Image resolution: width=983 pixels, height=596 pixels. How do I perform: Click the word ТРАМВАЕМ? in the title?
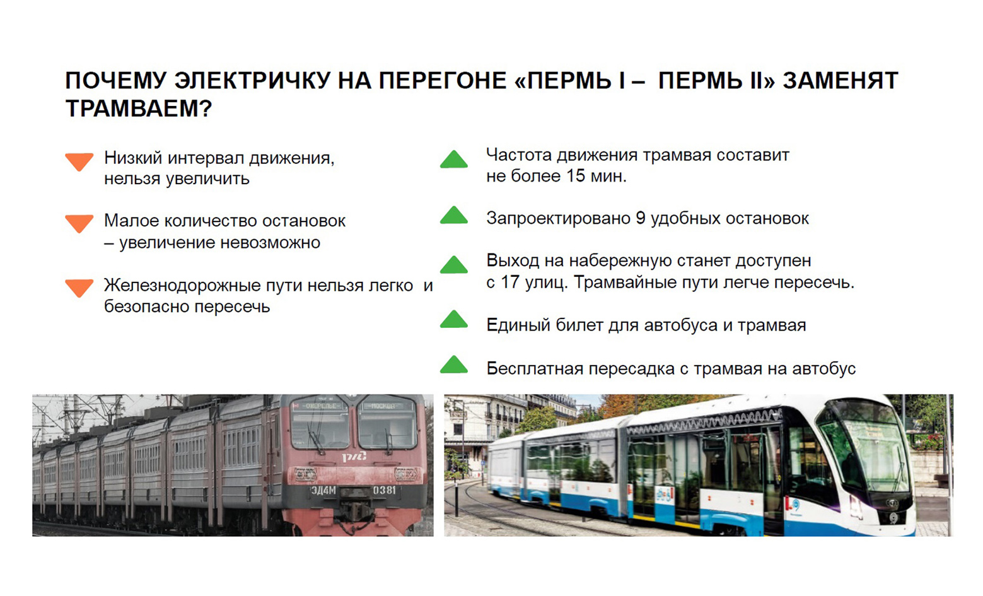pyautogui.click(x=139, y=108)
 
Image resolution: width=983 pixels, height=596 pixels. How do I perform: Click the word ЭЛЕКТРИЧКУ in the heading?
pyautogui.click(x=253, y=81)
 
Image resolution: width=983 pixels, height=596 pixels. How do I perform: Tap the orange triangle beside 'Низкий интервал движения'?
pyautogui.click(x=79, y=161)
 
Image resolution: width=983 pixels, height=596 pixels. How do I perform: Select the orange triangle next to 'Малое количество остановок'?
pyautogui.click(x=79, y=223)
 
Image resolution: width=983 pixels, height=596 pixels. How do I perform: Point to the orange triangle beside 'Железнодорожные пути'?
pyautogui.click(x=79, y=288)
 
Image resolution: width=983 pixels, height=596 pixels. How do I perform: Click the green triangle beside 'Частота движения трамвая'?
pyautogui.click(x=454, y=159)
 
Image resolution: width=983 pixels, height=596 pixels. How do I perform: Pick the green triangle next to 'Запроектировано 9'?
pyautogui.click(x=454, y=215)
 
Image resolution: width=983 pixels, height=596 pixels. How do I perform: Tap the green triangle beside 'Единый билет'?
pyautogui.click(x=454, y=319)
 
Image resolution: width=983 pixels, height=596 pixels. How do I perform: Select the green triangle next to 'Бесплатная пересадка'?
pyautogui.click(x=454, y=365)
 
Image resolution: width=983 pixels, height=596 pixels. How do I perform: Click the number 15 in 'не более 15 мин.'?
pyautogui.click(x=575, y=176)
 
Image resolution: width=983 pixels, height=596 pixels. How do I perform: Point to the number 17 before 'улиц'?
pyautogui.click(x=510, y=282)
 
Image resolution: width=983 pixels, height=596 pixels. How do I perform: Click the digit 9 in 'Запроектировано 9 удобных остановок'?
pyautogui.click(x=640, y=218)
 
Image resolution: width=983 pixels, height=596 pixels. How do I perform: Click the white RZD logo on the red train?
pyautogui.click(x=354, y=457)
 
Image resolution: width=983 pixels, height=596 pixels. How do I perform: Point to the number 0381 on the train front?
pyautogui.click(x=384, y=490)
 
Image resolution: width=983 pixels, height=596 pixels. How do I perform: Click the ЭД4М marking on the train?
pyautogui.click(x=323, y=491)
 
